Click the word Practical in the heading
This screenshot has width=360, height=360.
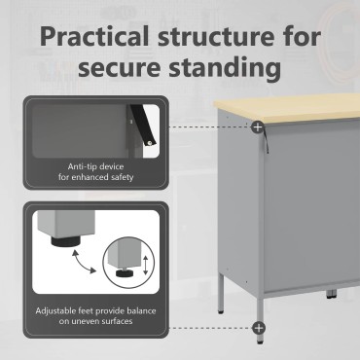[x=94, y=36]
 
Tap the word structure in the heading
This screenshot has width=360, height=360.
[x=216, y=37]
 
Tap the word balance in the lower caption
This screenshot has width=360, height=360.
[x=140, y=310]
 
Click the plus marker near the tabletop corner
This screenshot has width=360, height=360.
[x=258, y=126]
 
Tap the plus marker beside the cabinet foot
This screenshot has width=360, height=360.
[x=259, y=328]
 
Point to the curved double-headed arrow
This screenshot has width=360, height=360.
[x=84, y=262]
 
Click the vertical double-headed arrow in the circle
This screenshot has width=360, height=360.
[x=146, y=265]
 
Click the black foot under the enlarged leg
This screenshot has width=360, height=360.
[x=65, y=242]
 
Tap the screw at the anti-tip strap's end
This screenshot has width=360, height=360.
[x=150, y=143]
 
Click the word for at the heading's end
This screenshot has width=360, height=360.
[x=302, y=36]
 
